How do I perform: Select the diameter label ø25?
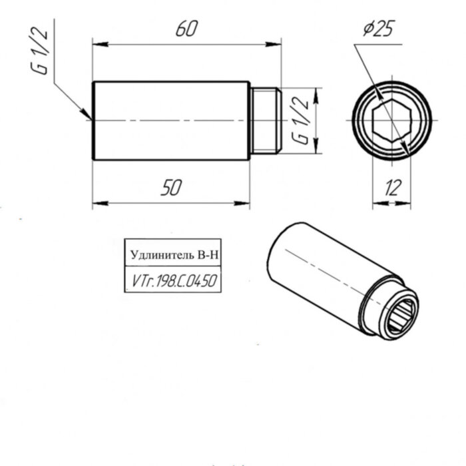(378, 30)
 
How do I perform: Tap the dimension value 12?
(392, 188)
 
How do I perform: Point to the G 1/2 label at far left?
(41, 60)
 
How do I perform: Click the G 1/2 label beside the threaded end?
(300, 121)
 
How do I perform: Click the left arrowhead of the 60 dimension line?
(98, 45)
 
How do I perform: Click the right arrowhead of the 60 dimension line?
(276, 45)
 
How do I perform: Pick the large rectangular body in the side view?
(170, 120)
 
